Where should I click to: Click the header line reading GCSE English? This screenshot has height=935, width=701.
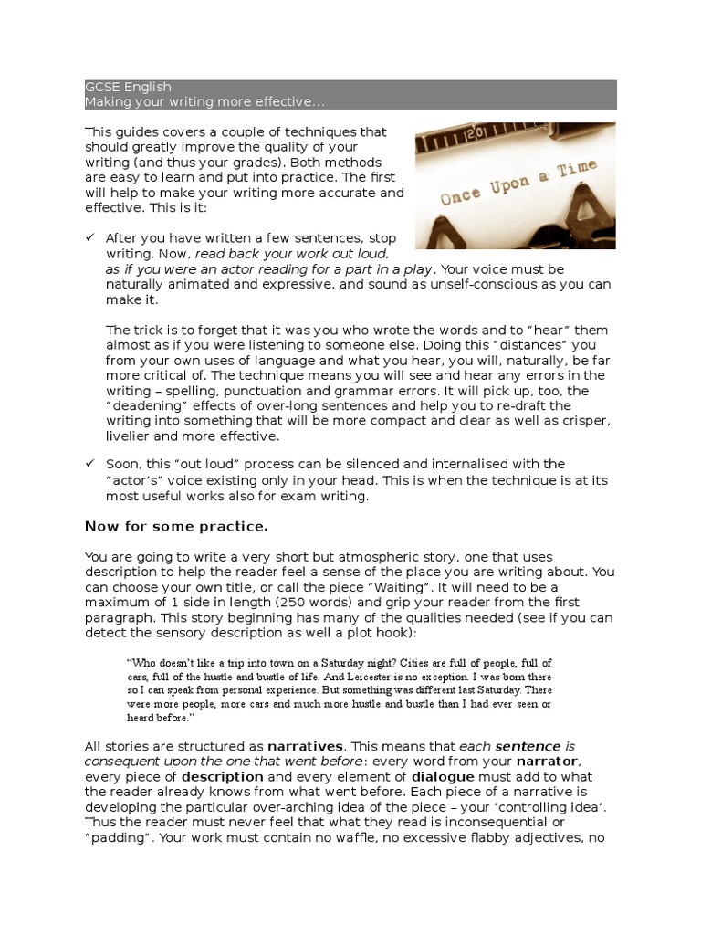128,88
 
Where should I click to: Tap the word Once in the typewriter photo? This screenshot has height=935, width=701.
466,195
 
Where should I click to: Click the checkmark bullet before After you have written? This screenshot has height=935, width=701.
89,237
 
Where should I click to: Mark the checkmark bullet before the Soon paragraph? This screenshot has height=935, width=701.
89,464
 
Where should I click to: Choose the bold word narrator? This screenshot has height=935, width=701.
548,761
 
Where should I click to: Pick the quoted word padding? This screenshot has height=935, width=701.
118,837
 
